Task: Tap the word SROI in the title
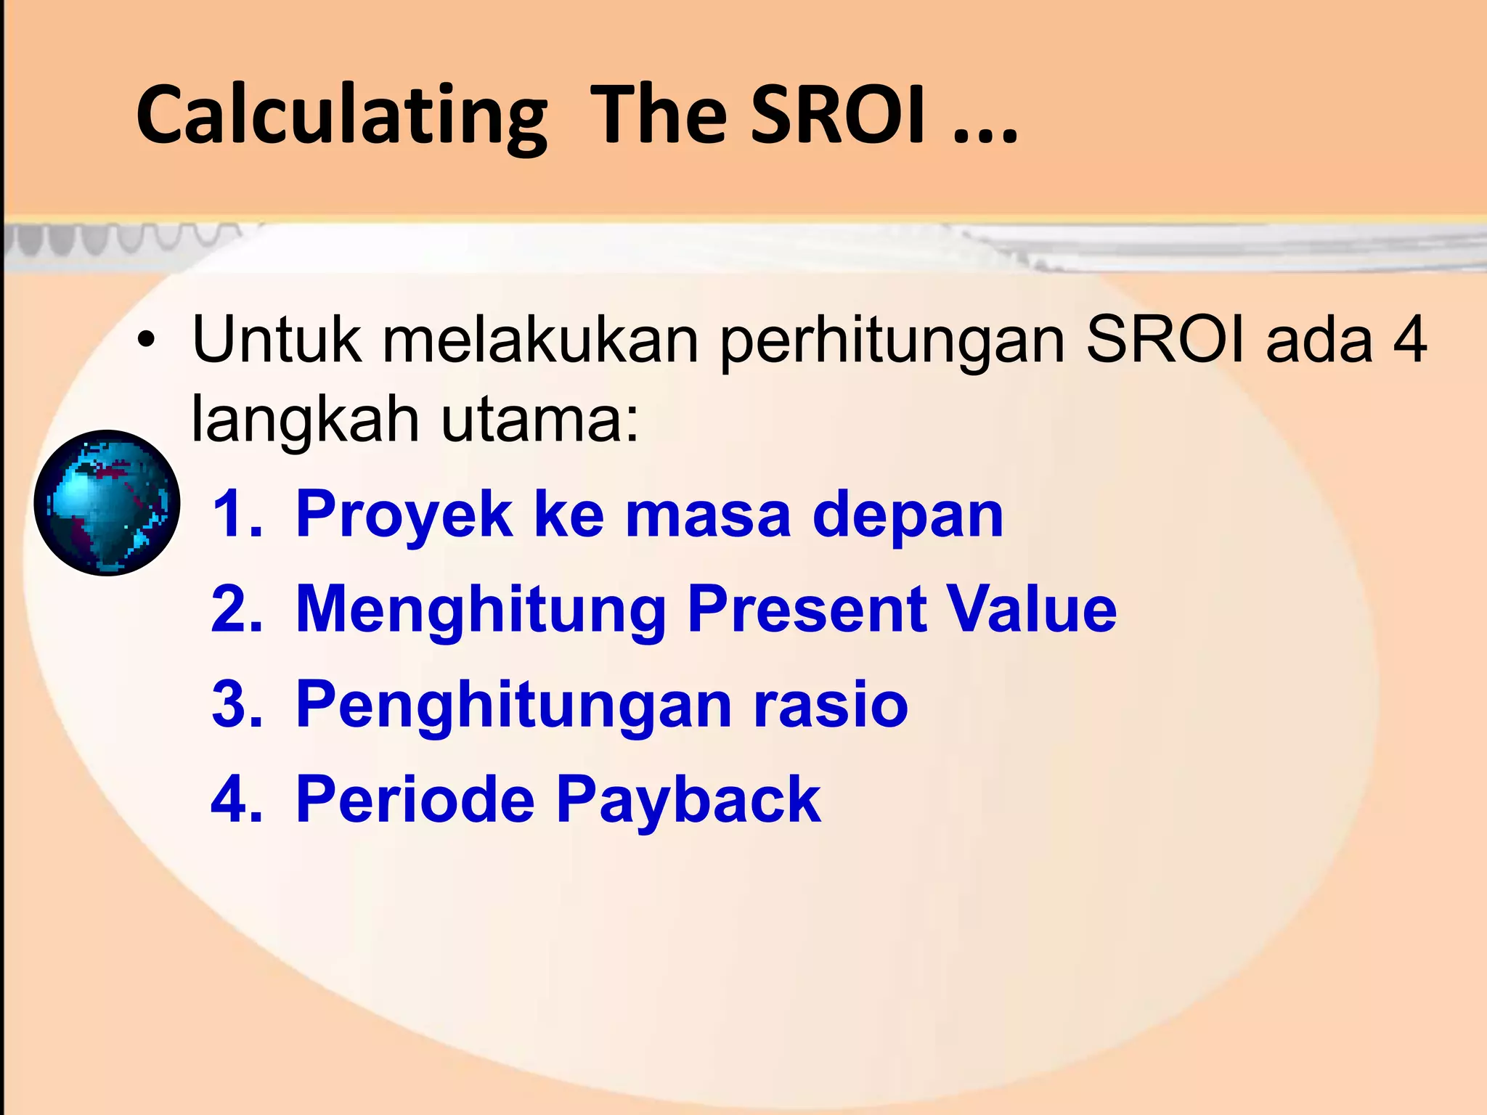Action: coord(839,115)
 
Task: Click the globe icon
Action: coord(107,502)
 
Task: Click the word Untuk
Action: coord(277,340)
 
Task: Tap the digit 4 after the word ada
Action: coord(1409,340)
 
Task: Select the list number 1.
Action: coord(237,514)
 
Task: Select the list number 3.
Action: coord(237,703)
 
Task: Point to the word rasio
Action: coord(831,703)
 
